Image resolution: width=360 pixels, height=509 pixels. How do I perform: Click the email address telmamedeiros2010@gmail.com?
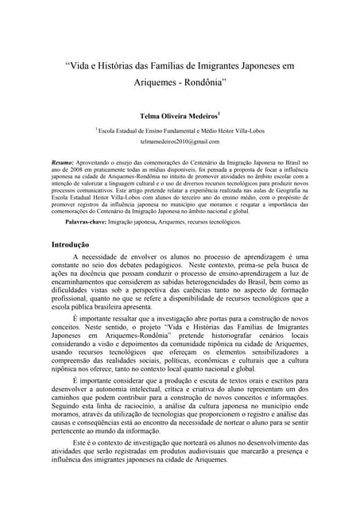tap(180, 141)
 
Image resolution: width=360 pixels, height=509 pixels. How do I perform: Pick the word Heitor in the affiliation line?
tap(225, 128)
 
